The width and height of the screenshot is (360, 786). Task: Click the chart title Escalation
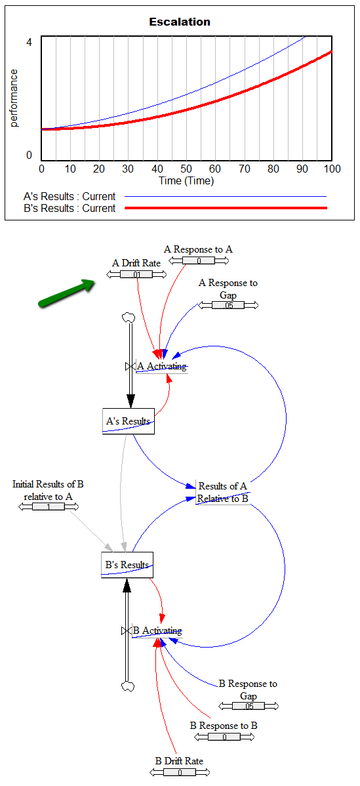(180, 22)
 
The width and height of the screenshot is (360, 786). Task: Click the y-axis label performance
(14, 98)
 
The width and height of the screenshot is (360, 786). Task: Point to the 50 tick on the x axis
(186, 169)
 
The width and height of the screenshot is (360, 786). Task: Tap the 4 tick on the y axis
(29, 42)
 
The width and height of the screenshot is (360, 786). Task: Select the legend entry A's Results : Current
(70, 197)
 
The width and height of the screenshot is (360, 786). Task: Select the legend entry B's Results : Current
(70, 208)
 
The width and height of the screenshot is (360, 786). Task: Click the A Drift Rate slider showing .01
(136, 274)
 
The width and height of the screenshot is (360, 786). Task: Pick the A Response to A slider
(199, 260)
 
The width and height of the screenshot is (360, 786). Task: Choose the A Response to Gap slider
(228, 305)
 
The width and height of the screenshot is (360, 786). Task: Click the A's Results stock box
(128, 421)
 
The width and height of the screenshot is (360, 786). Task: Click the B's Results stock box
(127, 565)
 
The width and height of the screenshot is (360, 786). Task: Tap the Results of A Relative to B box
(223, 492)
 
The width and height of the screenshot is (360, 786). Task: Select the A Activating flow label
(162, 366)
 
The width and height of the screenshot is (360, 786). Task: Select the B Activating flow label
(157, 631)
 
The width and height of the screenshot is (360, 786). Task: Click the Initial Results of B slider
(49, 507)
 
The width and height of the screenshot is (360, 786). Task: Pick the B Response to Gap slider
(249, 706)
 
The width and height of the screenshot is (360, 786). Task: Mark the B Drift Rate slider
(179, 772)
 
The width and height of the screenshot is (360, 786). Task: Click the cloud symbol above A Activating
(129, 318)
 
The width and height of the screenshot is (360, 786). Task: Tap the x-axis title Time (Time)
(186, 180)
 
